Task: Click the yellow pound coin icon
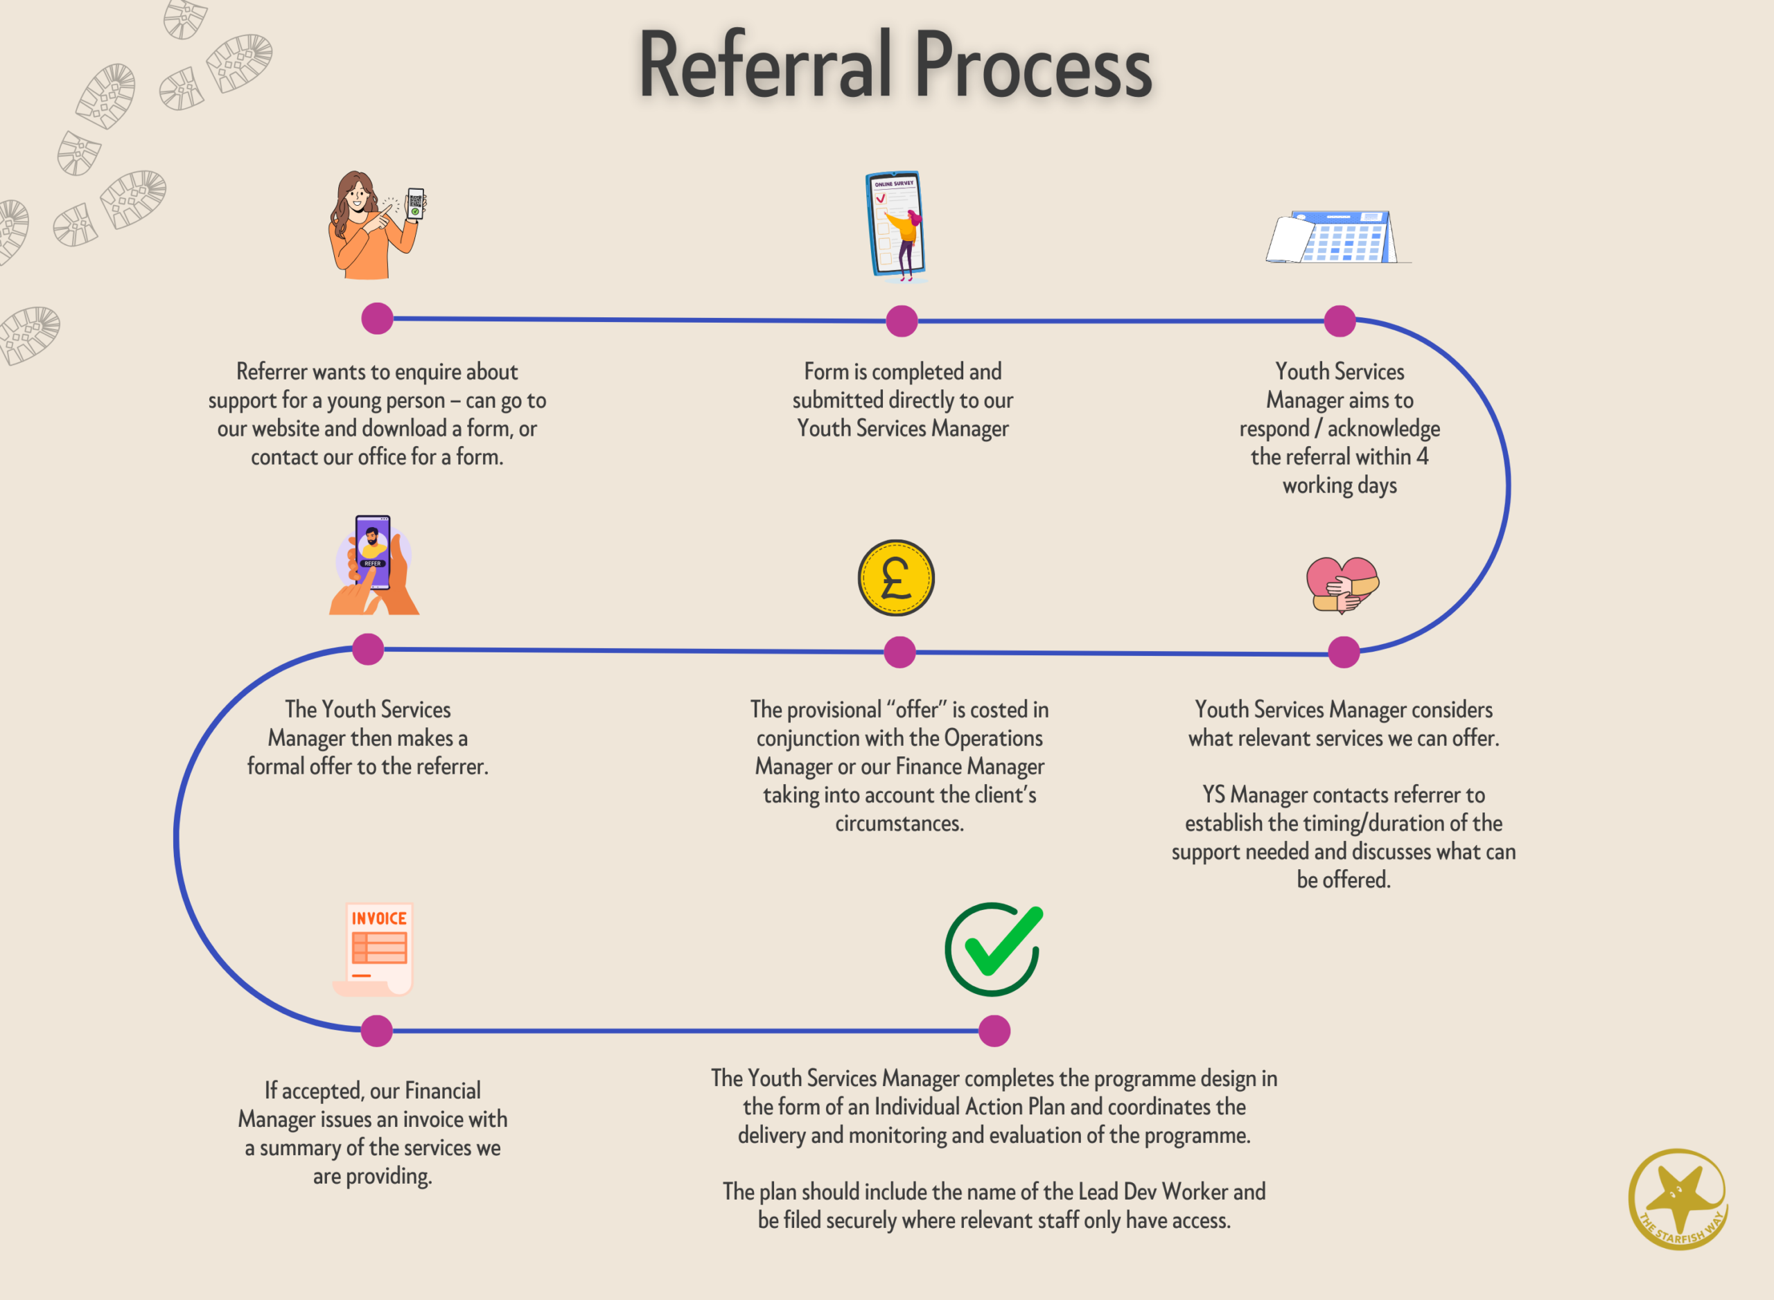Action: click(896, 578)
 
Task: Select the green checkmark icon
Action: click(994, 948)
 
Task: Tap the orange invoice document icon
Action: click(376, 949)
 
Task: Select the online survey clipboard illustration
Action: click(896, 225)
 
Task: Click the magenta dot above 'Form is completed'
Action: click(902, 321)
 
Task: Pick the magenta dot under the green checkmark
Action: click(994, 1031)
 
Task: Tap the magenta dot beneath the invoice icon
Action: click(376, 1031)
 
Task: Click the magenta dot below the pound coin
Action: click(899, 652)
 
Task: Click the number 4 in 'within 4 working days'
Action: click(1422, 456)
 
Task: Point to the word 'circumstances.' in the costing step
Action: click(899, 823)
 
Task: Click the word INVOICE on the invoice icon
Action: click(379, 918)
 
